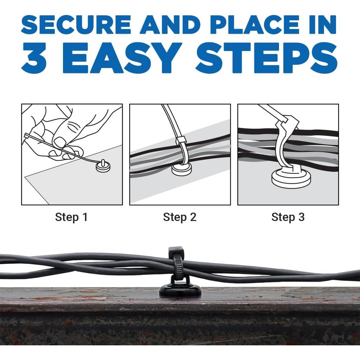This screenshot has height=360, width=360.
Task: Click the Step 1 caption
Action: click(x=71, y=217)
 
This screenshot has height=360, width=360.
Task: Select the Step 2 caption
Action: click(x=180, y=217)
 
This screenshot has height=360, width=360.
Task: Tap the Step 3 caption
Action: click(x=288, y=217)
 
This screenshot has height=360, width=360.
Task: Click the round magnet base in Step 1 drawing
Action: click(x=103, y=167)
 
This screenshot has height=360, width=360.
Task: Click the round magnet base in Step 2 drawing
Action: click(x=182, y=169)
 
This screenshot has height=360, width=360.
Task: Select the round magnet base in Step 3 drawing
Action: click(x=291, y=179)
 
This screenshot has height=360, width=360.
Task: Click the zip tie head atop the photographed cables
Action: click(x=176, y=251)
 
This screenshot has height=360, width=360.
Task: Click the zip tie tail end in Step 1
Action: click(x=26, y=136)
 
